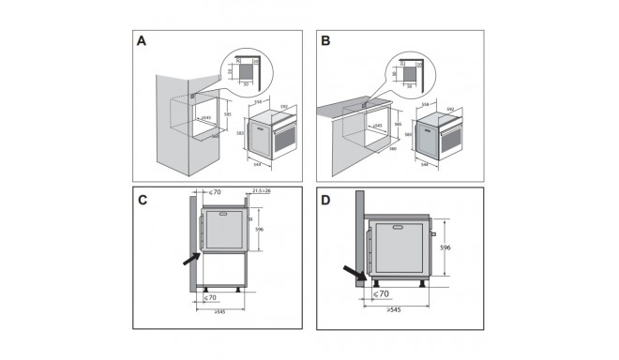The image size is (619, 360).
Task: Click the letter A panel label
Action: coord(142,41)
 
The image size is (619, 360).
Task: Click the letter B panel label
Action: coord(326,41)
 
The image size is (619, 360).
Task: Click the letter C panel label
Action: coord(143,199)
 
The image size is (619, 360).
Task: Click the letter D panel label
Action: coord(326,199)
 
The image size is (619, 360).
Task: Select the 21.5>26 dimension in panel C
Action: coord(260,192)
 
